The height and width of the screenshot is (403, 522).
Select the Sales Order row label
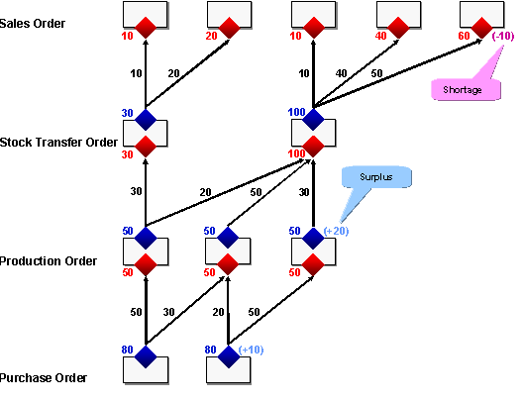(x=34, y=23)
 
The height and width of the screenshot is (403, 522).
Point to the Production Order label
(x=49, y=261)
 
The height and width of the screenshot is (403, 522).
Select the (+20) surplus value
(x=337, y=231)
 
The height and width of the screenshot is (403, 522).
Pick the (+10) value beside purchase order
(x=252, y=350)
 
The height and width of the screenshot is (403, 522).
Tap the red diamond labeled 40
(x=398, y=25)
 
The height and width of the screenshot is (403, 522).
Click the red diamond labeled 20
(x=229, y=25)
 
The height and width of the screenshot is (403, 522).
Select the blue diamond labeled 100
(x=313, y=120)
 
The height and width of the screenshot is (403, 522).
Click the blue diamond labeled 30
(x=146, y=120)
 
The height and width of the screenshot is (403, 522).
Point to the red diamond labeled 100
(x=313, y=147)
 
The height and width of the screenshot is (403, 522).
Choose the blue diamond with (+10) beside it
(x=229, y=355)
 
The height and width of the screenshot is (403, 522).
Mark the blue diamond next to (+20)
(x=313, y=238)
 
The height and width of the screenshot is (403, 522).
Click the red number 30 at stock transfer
(x=127, y=154)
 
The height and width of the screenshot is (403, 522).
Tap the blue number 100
(x=295, y=112)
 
